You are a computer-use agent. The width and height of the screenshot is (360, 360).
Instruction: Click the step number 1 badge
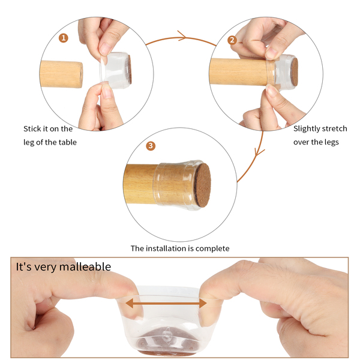click(64, 38)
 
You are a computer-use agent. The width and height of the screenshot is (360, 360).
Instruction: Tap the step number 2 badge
click(232, 40)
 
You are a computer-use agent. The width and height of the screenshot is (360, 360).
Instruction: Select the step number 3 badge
click(151, 146)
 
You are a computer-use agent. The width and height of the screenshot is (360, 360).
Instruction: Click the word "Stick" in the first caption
click(32, 129)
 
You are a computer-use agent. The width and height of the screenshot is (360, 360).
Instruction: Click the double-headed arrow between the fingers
click(166, 303)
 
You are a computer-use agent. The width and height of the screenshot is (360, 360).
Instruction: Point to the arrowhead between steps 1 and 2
click(182, 36)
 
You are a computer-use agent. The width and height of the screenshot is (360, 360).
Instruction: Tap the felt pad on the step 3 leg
click(203, 185)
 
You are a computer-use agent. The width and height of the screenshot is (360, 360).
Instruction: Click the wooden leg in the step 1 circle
click(61, 74)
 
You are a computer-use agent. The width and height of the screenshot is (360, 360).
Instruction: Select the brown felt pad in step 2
click(294, 72)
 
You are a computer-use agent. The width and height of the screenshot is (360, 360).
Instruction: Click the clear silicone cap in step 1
click(115, 70)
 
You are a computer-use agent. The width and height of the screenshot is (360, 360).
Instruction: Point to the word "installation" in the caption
click(168, 248)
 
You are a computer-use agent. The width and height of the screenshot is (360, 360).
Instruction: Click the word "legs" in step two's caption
click(332, 143)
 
